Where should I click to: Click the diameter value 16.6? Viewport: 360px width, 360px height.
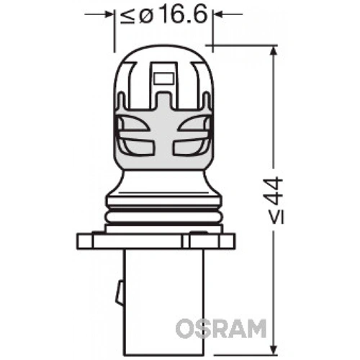click(x=179, y=14)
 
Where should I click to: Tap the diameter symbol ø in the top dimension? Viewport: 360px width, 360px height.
click(x=144, y=14)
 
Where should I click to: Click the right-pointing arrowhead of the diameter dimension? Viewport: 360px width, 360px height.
click(x=108, y=14)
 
